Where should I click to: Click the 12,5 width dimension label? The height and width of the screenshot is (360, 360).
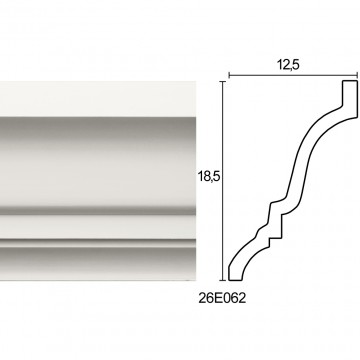[x=288, y=65]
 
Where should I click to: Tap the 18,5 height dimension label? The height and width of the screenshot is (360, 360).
[x=209, y=177]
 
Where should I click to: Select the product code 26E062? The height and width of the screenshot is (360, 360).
[x=222, y=298]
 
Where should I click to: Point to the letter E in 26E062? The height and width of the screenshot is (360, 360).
[x=218, y=298]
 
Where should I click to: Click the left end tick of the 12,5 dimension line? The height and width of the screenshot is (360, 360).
[x=229, y=76]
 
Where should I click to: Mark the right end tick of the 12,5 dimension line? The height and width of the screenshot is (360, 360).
[x=357, y=76]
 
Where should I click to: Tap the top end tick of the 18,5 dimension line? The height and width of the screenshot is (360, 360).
[x=222, y=81]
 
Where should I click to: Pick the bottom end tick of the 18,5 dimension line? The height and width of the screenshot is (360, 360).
[x=222, y=280]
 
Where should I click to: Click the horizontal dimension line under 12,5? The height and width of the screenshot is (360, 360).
[x=293, y=76]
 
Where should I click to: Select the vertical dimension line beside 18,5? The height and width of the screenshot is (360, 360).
[x=222, y=180]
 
